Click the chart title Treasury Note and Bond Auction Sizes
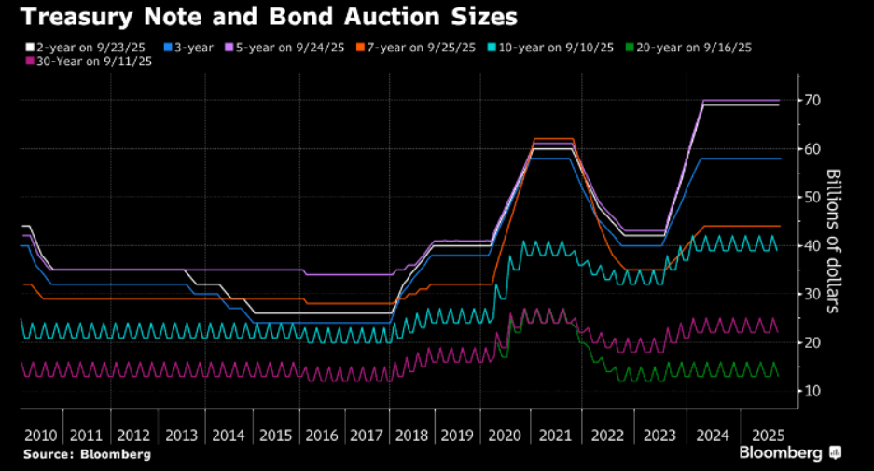tap(265, 17)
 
